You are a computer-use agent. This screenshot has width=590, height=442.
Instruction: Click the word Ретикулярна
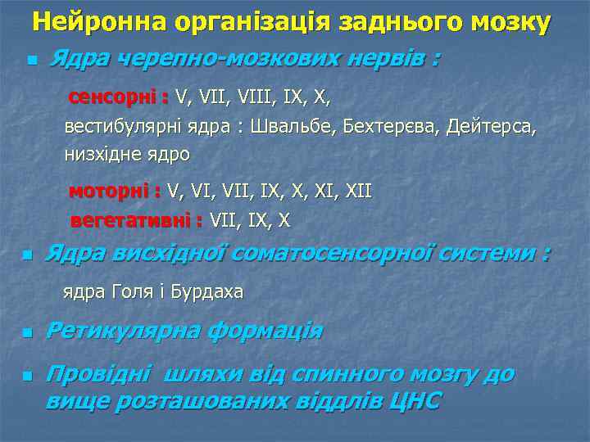point(122,331)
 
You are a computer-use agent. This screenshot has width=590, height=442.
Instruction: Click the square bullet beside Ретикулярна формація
point(27,334)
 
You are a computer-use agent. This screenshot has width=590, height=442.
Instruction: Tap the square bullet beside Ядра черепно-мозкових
point(31,61)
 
